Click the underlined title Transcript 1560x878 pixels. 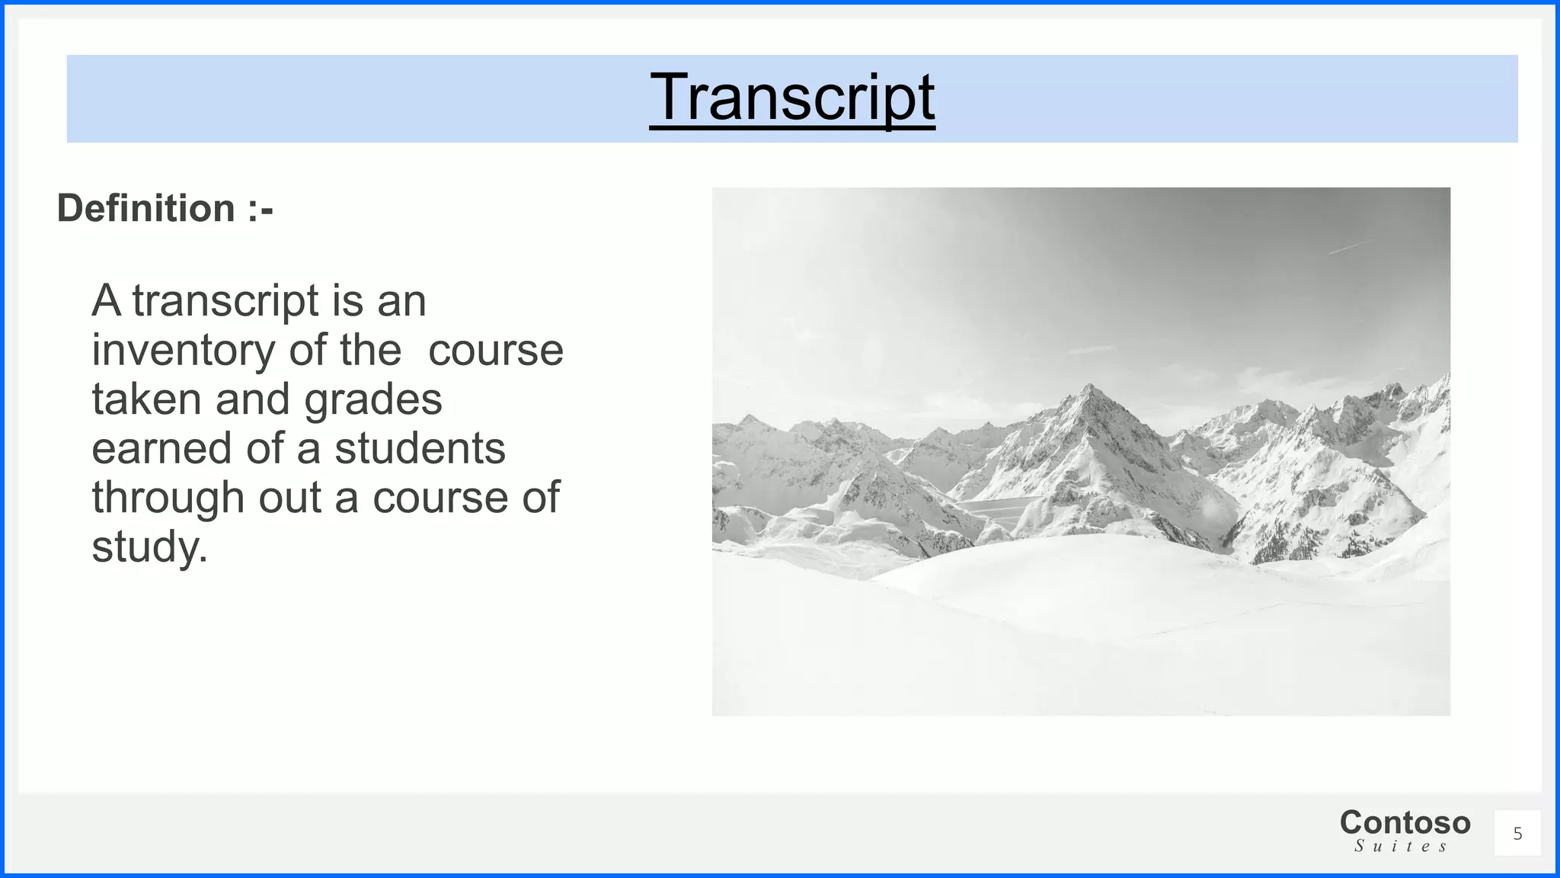(792, 98)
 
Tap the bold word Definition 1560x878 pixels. (146, 209)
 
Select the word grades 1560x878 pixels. (373, 401)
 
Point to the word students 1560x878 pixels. (420, 449)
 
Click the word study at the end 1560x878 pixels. (149, 547)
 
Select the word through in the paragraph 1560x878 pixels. (168, 499)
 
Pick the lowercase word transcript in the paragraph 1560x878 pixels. (225, 302)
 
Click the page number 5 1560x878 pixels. (1517, 834)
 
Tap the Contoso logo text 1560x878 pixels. (1405, 823)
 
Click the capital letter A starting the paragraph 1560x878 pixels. (107, 302)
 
